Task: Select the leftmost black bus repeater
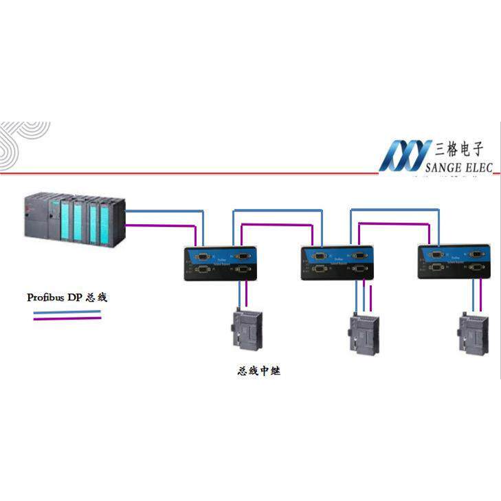(x=220, y=263)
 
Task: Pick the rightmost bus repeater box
(x=454, y=263)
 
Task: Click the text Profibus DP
(x=55, y=298)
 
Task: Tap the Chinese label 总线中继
(x=259, y=371)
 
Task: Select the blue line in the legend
(x=67, y=313)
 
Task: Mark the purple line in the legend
(x=67, y=319)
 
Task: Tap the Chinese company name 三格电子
(x=460, y=148)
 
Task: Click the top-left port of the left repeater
(x=202, y=256)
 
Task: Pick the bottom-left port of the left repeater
(x=202, y=270)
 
